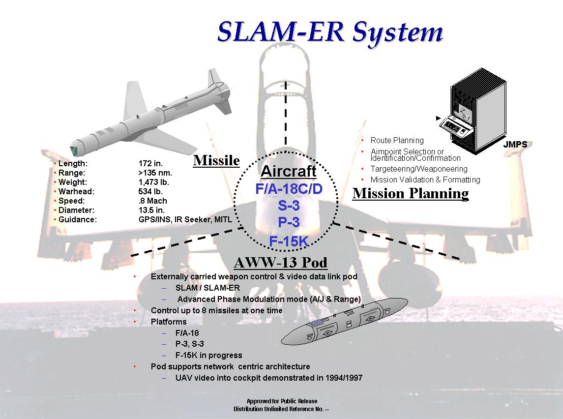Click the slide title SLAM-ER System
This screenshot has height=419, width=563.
pyautogui.click(x=330, y=32)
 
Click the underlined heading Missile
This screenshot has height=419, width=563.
pyautogui.click(x=216, y=160)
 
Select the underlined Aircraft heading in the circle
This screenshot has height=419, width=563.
pyautogui.click(x=288, y=172)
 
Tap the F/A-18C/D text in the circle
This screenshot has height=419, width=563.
pyautogui.click(x=289, y=189)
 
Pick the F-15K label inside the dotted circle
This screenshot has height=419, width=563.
pyautogui.click(x=289, y=241)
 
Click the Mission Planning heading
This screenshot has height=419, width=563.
pyautogui.click(x=411, y=193)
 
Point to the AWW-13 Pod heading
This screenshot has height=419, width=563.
pyautogui.click(x=281, y=263)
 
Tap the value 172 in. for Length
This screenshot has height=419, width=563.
pyautogui.click(x=150, y=163)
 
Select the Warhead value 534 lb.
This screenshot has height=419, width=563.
pyautogui.click(x=150, y=191)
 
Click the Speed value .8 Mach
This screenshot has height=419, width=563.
pyautogui.click(x=152, y=201)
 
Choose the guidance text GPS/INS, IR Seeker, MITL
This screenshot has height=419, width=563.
pyautogui.click(x=185, y=219)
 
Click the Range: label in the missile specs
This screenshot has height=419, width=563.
pyautogui.click(x=72, y=173)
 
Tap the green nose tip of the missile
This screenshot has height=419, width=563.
pyautogui.click(x=74, y=151)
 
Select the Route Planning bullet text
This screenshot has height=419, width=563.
pyautogui.click(x=397, y=141)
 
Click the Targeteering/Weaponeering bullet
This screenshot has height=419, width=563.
pyautogui.click(x=419, y=169)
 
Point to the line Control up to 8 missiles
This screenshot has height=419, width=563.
pyautogui.click(x=216, y=310)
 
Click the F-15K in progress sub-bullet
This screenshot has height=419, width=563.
pyautogui.click(x=208, y=355)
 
